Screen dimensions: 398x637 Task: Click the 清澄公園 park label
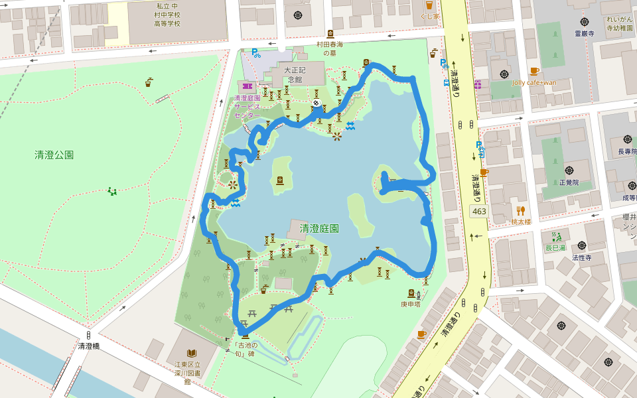54,155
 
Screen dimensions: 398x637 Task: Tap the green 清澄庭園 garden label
319,228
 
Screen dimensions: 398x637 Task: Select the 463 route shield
478,211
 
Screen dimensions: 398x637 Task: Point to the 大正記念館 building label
293,74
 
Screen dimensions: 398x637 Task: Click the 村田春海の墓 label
331,48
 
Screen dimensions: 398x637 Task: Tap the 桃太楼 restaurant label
521,222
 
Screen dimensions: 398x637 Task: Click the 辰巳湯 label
555,247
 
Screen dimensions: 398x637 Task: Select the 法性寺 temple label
582,257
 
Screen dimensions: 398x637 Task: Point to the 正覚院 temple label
569,182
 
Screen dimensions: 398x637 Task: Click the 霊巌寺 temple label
584,32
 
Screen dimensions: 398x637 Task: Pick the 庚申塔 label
411,304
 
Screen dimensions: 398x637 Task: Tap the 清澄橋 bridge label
88,346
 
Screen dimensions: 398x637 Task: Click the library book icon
192,353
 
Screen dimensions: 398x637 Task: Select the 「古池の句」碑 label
245,348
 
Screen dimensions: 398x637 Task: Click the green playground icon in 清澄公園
112,192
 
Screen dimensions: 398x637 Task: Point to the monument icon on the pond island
280,180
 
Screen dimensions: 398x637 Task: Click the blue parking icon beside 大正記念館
254,51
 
